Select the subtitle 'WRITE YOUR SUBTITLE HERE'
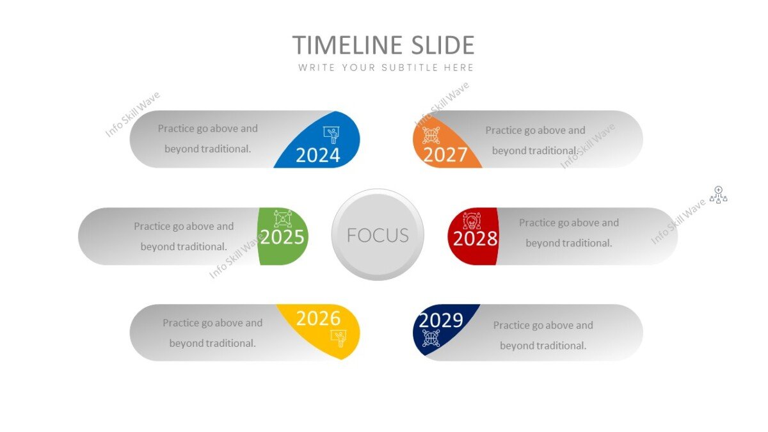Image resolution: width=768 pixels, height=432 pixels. pyautogui.click(x=386, y=67)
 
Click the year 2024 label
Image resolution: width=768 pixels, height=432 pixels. pyautogui.click(x=318, y=155)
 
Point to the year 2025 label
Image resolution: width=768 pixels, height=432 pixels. pyautogui.click(x=282, y=237)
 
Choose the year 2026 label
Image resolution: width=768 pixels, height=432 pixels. pyautogui.click(x=318, y=318)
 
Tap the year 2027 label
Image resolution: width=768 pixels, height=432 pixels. pyautogui.click(x=445, y=155)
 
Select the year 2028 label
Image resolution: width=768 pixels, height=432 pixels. pyautogui.click(x=475, y=239)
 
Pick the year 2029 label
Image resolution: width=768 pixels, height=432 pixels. pyautogui.click(x=441, y=319)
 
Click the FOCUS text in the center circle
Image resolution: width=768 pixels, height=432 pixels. pyautogui.click(x=378, y=236)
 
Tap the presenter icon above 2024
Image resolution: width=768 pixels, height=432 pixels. pyautogui.click(x=332, y=134)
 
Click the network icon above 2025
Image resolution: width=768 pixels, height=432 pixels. pyautogui.click(x=283, y=218)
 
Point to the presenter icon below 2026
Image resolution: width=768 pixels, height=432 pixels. pyautogui.click(x=338, y=337)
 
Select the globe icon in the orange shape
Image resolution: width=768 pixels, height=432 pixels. pyautogui.click(x=431, y=135)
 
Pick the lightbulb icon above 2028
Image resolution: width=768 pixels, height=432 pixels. pyautogui.click(x=471, y=220)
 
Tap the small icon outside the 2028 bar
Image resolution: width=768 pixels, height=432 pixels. pyautogui.click(x=719, y=195)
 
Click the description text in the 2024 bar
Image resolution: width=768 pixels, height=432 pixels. pyautogui.click(x=207, y=138)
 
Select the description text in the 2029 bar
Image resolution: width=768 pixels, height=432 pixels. pyautogui.click(x=543, y=335)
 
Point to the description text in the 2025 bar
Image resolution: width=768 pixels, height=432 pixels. pyautogui.click(x=184, y=236)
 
